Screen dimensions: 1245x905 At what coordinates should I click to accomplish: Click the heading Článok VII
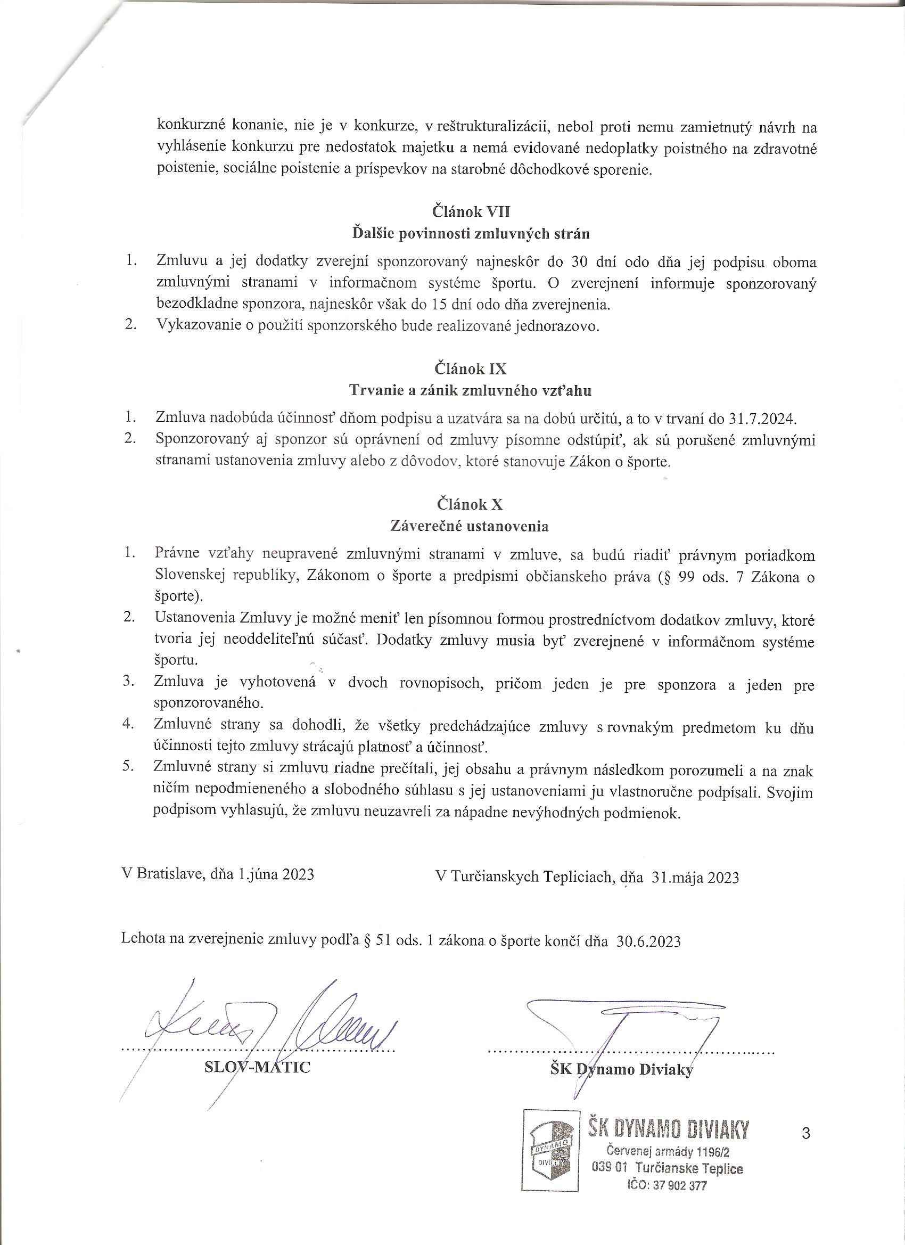[x=471, y=211]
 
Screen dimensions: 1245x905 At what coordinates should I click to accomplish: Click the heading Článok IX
[x=471, y=368]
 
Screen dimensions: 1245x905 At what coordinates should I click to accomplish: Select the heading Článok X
[x=471, y=504]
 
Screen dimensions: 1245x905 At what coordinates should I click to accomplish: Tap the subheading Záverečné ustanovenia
[x=469, y=526]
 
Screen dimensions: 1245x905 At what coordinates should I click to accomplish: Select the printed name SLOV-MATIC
[x=257, y=1067]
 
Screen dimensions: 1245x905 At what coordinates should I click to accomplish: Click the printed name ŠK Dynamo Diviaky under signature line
[x=621, y=1069]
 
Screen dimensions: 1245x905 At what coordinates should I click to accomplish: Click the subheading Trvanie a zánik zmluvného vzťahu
[x=471, y=390]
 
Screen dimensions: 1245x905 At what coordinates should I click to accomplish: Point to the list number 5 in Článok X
[x=129, y=767]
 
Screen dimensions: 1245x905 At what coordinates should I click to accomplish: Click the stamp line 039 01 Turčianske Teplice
[x=668, y=1164]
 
